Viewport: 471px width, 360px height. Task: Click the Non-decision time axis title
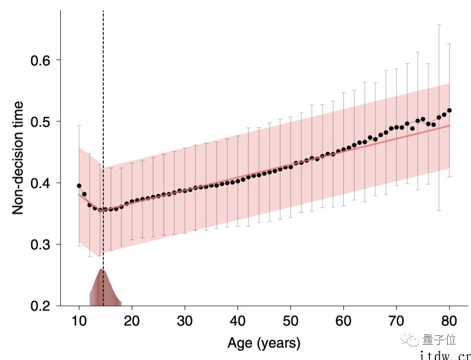tap(18, 158)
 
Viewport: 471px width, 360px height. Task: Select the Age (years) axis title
tap(264, 342)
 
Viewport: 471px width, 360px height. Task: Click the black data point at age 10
tap(79, 186)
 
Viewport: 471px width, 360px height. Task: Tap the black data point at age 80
tap(449, 110)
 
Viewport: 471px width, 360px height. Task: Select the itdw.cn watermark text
tap(445, 355)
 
